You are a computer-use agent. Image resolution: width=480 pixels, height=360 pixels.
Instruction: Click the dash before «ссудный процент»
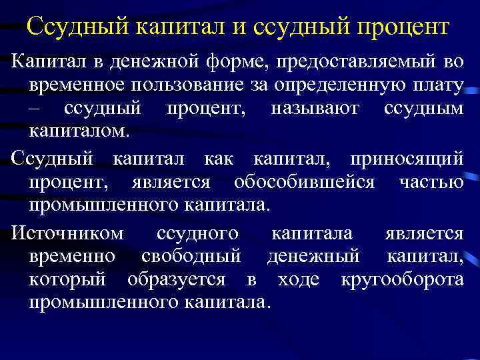tap(35, 108)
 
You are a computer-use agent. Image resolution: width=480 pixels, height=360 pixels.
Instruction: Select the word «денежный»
tap(313, 256)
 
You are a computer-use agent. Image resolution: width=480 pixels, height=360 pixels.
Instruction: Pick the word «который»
tap(61, 279)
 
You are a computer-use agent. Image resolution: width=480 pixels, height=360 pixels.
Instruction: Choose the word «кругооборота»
tap(402, 279)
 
